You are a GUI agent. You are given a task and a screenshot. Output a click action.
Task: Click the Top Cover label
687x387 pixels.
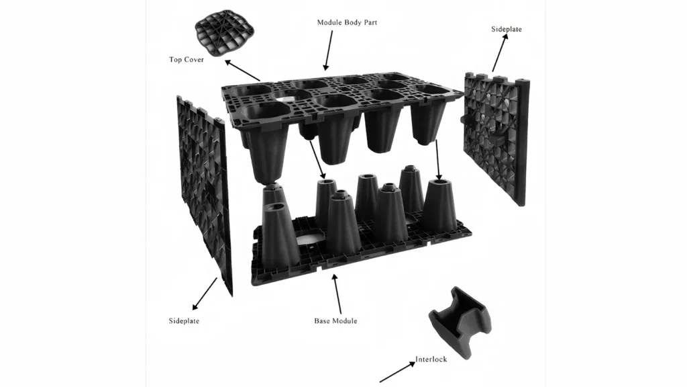187,60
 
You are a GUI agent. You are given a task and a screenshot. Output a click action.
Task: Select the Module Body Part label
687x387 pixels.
347,22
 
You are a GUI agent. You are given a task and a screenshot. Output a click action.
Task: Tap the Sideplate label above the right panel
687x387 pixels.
507,29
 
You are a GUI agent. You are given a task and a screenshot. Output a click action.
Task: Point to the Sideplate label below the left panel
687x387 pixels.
184,321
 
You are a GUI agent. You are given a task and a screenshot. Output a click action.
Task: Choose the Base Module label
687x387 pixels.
335,321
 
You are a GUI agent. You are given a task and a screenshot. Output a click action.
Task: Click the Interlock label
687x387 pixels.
431,359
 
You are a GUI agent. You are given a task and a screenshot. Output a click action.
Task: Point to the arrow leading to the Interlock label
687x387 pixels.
397,372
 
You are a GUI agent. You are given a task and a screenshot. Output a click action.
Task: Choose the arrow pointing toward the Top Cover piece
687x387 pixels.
242,70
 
